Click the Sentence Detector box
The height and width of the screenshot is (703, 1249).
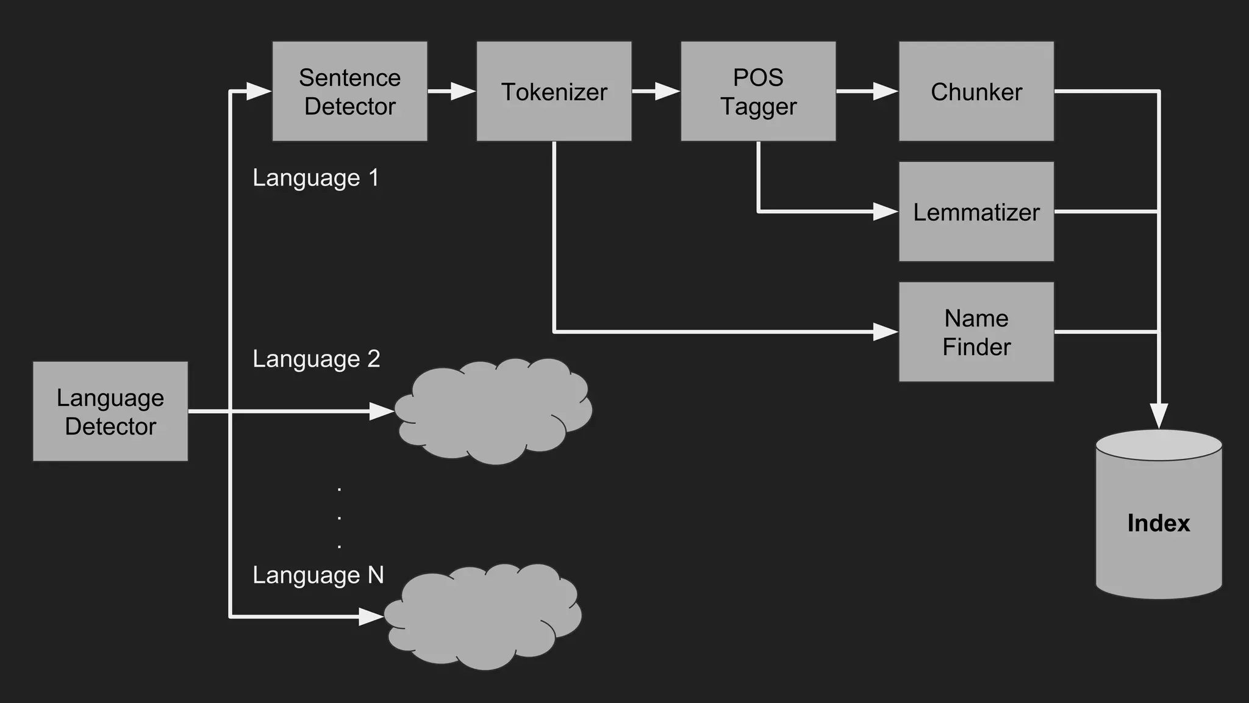coord(349,92)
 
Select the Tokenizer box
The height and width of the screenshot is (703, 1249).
coord(554,92)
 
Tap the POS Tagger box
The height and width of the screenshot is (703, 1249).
coord(758,92)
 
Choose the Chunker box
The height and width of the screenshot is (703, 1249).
coord(976,92)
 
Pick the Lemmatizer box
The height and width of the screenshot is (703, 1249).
coord(976,212)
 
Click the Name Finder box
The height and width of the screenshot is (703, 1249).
coord(976,332)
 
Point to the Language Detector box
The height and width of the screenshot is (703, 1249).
coord(110,411)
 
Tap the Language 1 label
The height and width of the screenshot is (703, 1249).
coord(316,178)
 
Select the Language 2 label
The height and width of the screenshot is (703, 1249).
coord(316,359)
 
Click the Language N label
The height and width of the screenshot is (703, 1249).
coord(318,575)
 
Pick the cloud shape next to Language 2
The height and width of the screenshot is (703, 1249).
coord(493,411)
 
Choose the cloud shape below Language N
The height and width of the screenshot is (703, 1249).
coord(483,616)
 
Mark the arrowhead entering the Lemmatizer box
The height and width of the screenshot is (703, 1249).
coord(886,212)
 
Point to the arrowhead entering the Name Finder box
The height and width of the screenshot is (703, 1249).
coord(886,332)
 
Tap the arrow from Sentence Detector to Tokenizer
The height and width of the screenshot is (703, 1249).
coord(451,92)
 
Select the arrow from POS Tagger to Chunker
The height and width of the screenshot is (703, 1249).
coord(867,92)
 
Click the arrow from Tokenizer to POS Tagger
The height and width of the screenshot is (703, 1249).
coord(656,92)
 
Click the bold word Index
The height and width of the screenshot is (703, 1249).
coord(1158,524)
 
